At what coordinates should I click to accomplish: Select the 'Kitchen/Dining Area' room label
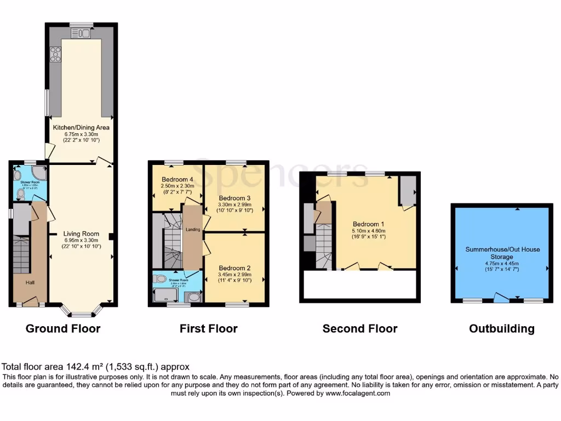click(81, 127)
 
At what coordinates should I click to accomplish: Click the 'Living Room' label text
click(81, 234)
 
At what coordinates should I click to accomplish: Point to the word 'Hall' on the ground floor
click(32, 282)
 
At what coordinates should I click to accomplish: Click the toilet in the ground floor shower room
click(20, 192)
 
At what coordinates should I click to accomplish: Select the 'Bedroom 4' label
click(178, 179)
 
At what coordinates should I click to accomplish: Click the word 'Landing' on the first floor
click(193, 229)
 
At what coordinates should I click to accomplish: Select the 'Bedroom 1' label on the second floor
click(368, 224)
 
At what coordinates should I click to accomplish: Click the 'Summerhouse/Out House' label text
click(502, 249)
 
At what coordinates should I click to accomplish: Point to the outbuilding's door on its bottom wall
click(501, 298)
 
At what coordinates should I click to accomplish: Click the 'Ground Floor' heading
click(63, 329)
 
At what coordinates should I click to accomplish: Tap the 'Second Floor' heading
click(359, 329)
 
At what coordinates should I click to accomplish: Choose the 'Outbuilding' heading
click(501, 329)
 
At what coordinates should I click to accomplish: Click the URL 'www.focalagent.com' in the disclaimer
click(357, 393)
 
